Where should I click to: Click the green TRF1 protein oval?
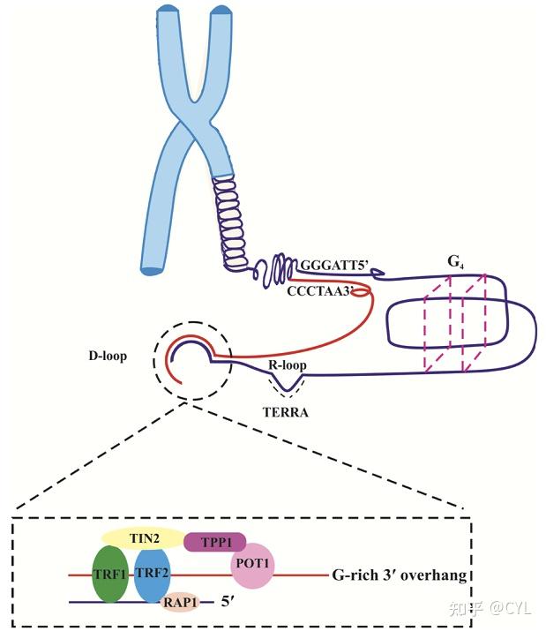(110, 574)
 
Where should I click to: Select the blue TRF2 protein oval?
(152, 575)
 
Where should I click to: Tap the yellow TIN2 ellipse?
(144, 538)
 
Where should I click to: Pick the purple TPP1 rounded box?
(215, 542)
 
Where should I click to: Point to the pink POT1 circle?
(252, 566)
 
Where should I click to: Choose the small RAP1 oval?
(180, 602)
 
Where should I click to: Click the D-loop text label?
(108, 356)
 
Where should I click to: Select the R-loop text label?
(288, 364)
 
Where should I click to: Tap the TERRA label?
(286, 412)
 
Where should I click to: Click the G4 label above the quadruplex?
(455, 262)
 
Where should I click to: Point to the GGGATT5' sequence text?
(335, 266)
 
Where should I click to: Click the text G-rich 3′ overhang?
(400, 575)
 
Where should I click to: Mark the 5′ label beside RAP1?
(228, 601)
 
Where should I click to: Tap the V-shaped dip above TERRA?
(287, 389)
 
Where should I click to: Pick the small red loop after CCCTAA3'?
(361, 293)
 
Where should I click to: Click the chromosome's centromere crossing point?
(195, 122)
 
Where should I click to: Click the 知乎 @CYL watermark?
(490, 608)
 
